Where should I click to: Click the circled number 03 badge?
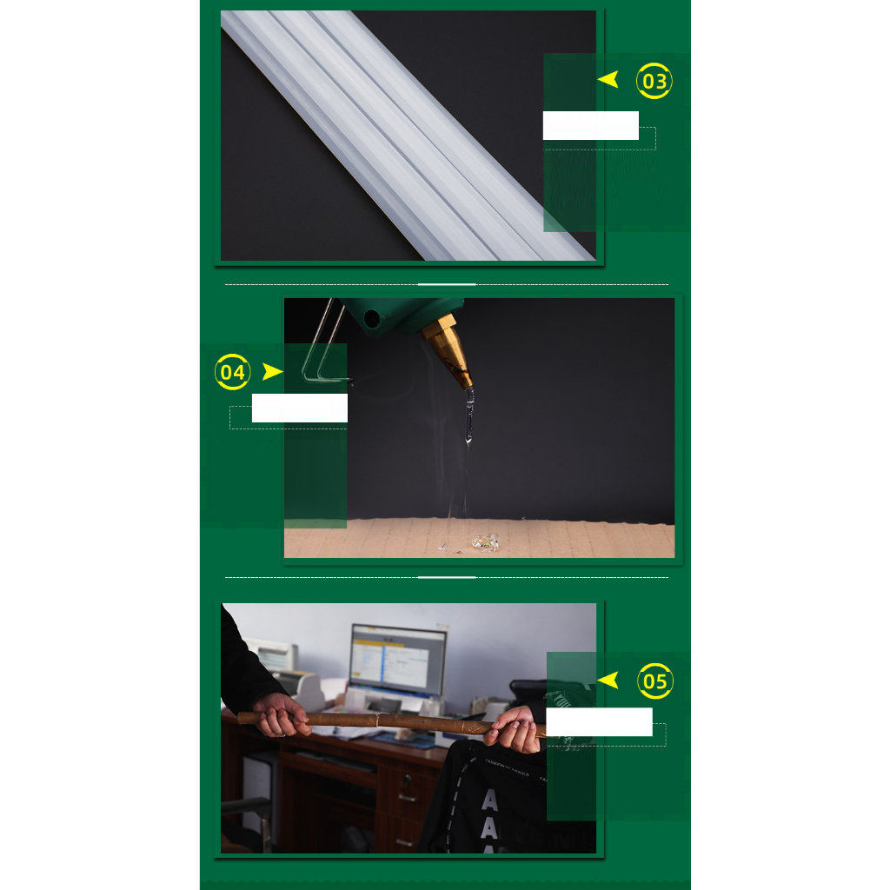point(654,82)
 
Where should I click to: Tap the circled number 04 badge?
point(233,372)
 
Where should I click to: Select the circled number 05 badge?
point(655,681)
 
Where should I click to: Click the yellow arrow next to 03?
point(608,80)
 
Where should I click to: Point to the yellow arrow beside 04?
point(273,372)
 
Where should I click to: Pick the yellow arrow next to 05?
point(608,681)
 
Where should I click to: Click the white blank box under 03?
point(590,125)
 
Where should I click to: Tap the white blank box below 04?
point(299,408)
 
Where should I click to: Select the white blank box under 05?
point(599,721)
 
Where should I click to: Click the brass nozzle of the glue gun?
point(449,351)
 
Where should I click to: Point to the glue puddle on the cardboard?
point(484,542)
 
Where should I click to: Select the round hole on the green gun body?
point(374,319)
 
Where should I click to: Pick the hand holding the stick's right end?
point(515,731)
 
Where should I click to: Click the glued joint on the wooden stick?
point(379,720)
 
